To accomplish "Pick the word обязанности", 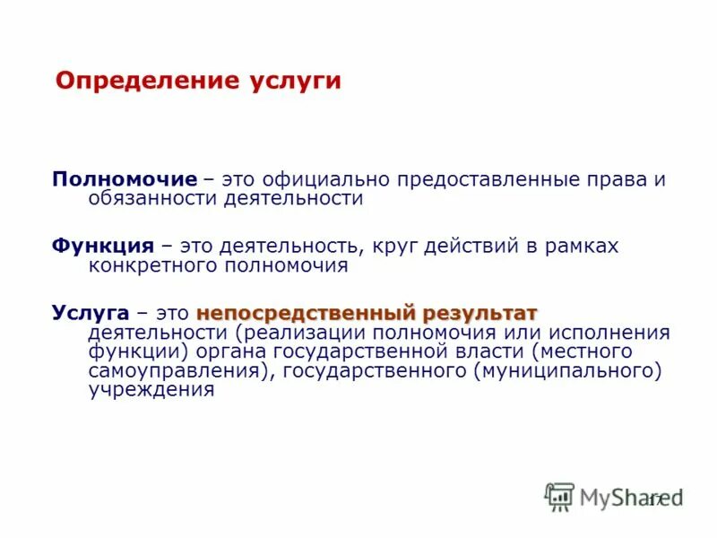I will pyautogui.click(x=149, y=199).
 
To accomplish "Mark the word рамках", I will pyautogui.click(x=578, y=246).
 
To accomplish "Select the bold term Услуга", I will pyautogui.click(x=90, y=313).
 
